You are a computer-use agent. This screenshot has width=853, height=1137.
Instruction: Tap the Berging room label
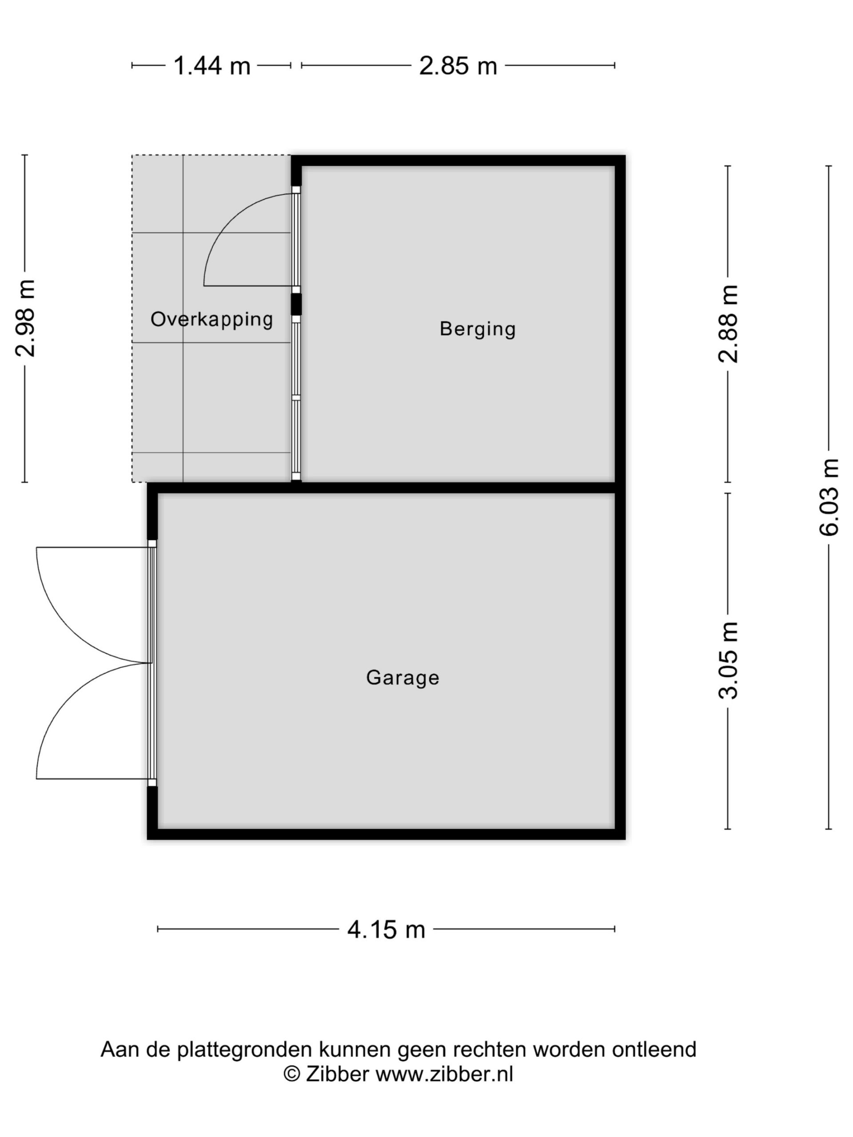[x=478, y=329]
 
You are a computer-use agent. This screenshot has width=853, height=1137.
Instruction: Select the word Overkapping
[x=212, y=320]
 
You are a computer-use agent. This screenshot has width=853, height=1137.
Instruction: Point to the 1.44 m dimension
[x=212, y=66]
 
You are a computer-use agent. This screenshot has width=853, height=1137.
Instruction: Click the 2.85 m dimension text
[x=458, y=66]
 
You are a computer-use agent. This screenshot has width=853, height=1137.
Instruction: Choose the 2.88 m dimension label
[x=728, y=324]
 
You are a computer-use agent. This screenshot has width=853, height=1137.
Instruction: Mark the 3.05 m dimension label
[x=728, y=660]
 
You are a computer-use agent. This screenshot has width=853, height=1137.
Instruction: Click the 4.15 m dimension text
[x=387, y=929]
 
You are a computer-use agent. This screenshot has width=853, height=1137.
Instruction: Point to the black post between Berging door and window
[x=296, y=304]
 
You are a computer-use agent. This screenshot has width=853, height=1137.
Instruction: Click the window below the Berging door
[x=296, y=398]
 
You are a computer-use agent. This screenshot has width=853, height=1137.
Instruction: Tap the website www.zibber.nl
[x=444, y=1074]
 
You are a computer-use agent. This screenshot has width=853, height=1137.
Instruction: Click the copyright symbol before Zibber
[x=292, y=1074]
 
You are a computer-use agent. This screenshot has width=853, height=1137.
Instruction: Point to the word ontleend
[x=654, y=1049]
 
